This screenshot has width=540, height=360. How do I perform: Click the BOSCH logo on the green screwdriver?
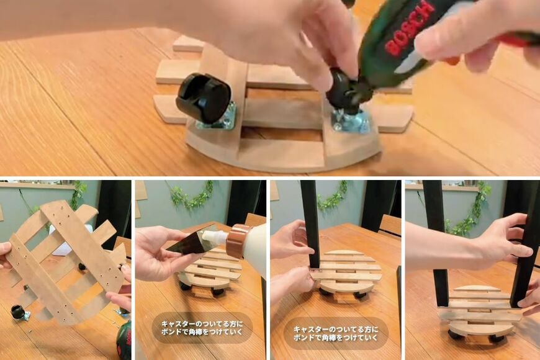(410, 28)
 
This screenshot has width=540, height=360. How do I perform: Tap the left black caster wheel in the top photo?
(203, 98)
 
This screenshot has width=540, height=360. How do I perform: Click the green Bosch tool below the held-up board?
(124, 341)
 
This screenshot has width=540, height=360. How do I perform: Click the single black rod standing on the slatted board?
(310, 224)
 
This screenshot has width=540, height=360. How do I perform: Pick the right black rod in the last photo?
(526, 248)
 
